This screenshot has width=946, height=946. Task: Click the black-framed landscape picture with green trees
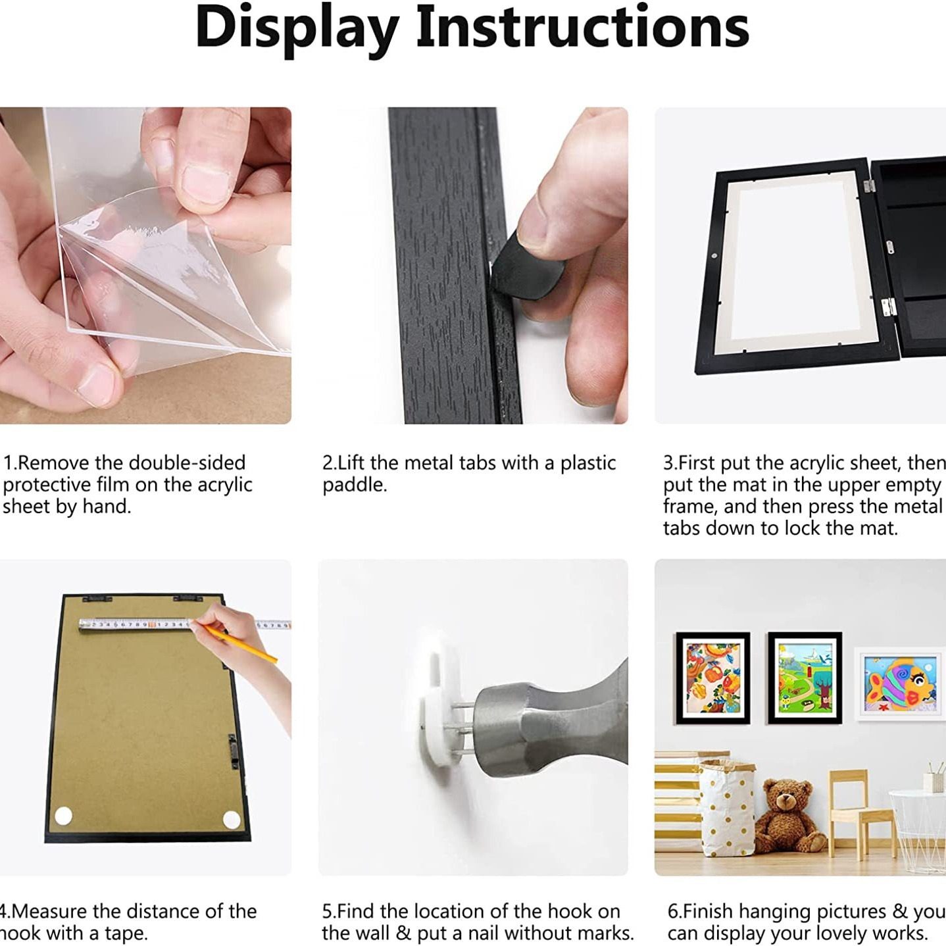805,678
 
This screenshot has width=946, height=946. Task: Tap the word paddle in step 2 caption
354,485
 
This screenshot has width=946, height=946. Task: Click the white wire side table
918,829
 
